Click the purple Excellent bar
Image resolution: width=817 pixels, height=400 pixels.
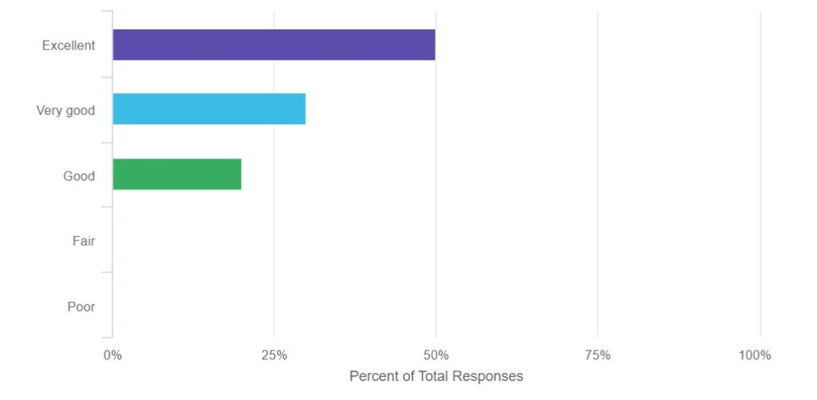tap(274, 45)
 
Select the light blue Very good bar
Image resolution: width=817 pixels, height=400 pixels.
tap(209, 109)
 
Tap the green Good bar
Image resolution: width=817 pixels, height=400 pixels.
tap(176, 175)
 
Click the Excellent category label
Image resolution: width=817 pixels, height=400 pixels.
tap(69, 45)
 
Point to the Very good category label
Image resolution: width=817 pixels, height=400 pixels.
tap(65, 111)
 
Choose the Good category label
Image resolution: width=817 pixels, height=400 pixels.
tap(79, 176)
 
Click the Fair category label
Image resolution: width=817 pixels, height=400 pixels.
tap(84, 241)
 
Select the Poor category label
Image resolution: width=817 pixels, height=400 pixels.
tap(81, 306)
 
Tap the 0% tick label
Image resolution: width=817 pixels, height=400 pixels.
tap(112, 355)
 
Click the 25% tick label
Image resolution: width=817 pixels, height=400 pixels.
tap(274, 355)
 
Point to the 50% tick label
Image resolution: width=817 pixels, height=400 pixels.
tap(436, 355)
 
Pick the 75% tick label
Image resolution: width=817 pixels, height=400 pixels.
tap(598, 355)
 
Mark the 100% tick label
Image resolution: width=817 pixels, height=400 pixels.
tap(755, 355)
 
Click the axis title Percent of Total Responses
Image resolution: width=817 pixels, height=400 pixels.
tap(436, 375)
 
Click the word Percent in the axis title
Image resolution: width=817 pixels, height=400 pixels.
tap(373, 375)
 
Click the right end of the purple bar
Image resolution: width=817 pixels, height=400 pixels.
tap(433, 45)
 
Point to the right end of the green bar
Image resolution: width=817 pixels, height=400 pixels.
tap(239, 175)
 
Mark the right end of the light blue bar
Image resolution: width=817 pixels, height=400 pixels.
tap(304, 109)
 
